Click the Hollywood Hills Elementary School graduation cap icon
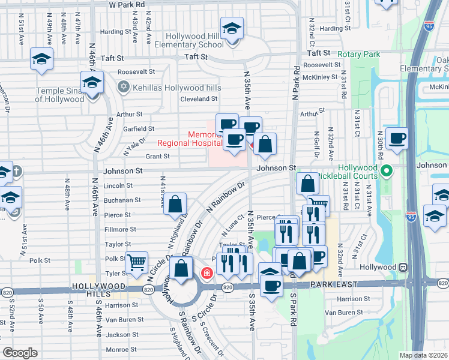[x=231, y=28]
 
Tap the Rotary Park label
[x=359, y=54]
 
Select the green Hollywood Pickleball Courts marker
[x=387, y=172]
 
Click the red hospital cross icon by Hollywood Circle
[x=207, y=274]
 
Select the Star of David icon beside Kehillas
[x=124, y=88]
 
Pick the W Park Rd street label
[x=127, y=4]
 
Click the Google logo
[x=20, y=353]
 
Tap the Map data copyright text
[x=423, y=355]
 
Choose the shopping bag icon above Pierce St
[x=175, y=204]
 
